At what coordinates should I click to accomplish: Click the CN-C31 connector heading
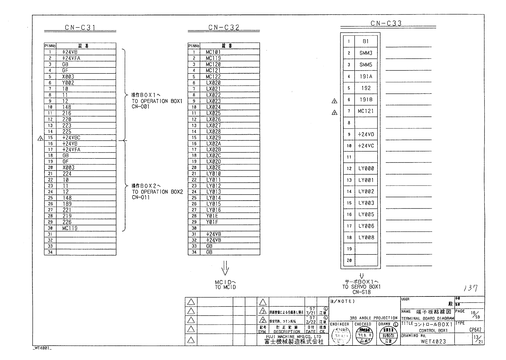pyautogui.click(x=80, y=28)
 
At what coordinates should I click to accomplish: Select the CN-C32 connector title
pyautogui.click(x=224, y=28)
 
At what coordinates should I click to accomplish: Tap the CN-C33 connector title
pyautogui.click(x=386, y=24)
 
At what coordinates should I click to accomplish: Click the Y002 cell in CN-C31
pyautogui.click(x=68, y=83)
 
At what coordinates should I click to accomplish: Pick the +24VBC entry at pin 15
pyautogui.click(x=71, y=138)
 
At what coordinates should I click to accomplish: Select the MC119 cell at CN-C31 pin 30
pyautogui.click(x=70, y=228)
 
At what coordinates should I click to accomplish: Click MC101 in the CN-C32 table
pyautogui.click(x=213, y=52)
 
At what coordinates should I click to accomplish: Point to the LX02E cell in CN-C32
pyautogui.click(x=213, y=168)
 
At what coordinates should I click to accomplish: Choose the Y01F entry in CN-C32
pyautogui.click(x=212, y=222)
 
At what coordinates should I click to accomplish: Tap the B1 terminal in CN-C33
pyautogui.click(x=366, y=41)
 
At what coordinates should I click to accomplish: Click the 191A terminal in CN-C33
pyautogui.click(x=366, y=77)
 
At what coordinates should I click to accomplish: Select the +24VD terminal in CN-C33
pyautogui.click(x=366, y=134)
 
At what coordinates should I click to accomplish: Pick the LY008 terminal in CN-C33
pyautogui.click(x=366, y=237)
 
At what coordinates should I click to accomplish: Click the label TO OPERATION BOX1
pyautogui.click(x=157, y=101)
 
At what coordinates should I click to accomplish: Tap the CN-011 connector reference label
pyautogui.click(x=141, y=198)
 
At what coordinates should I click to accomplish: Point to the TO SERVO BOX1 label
pyautogui.click(x=361, y=287)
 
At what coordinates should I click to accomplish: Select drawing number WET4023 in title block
pyautogui.click(x=433, y=342)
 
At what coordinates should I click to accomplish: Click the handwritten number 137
pyautogui.click(x=470, y=288)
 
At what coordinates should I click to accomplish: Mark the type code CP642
pyautogui.click(x=475, y=330)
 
